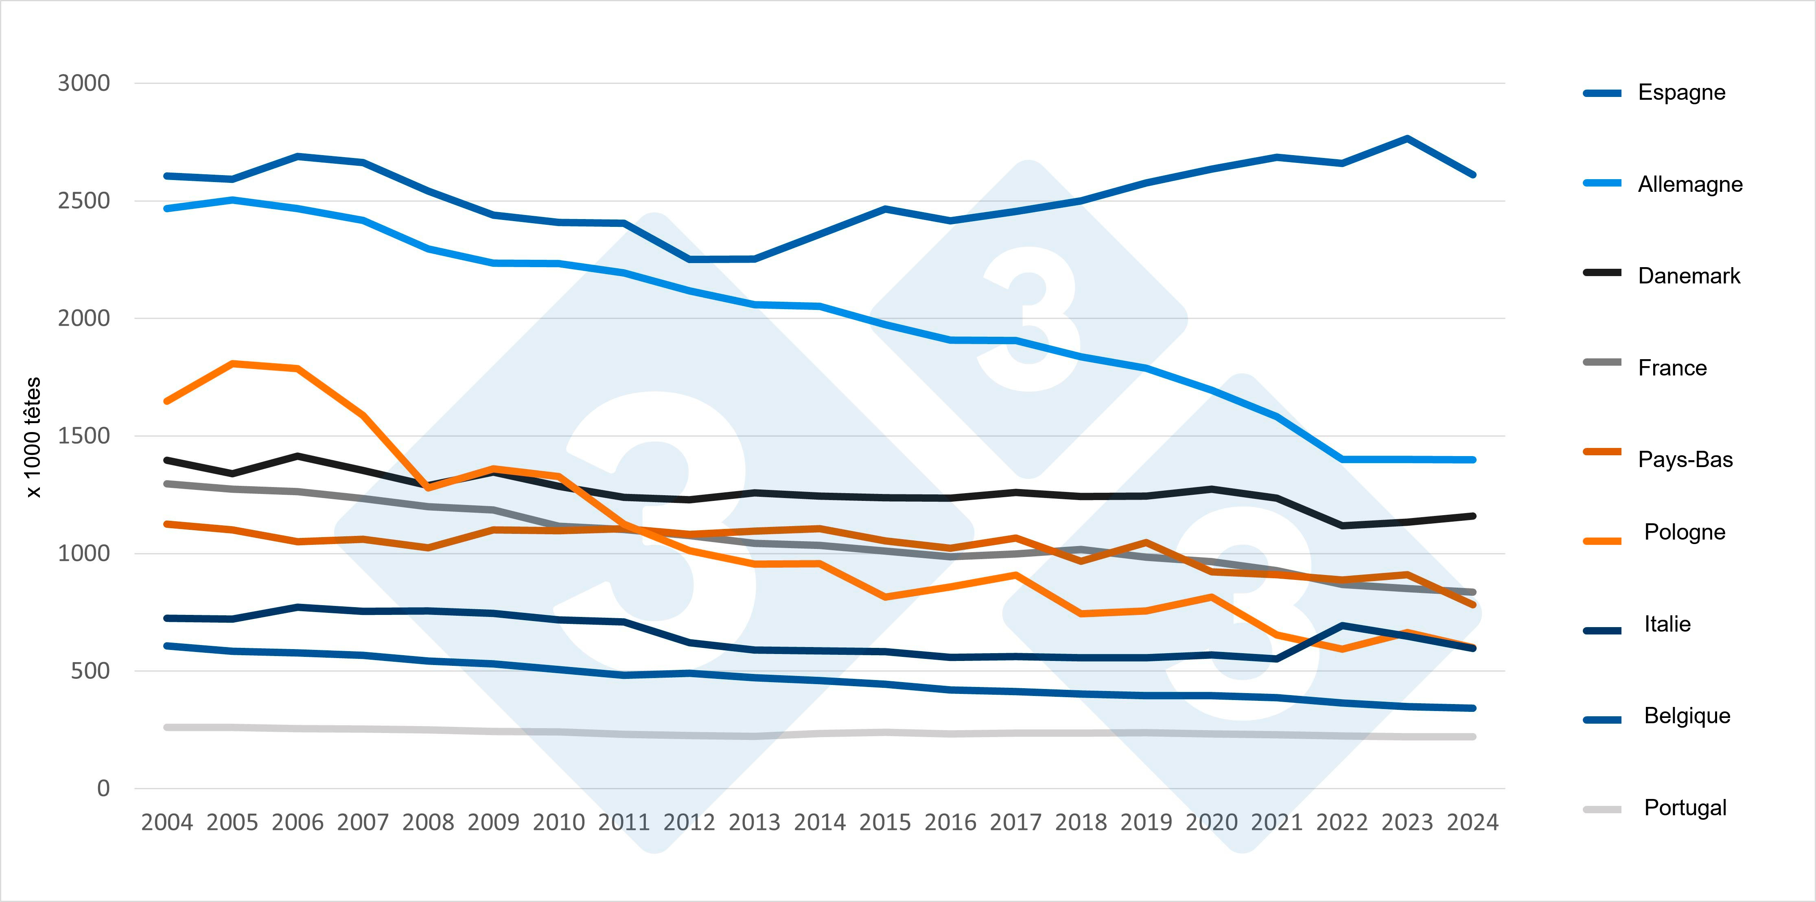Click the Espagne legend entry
tap(1681, 92)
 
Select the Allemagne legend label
tap(1690, 184)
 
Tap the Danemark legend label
tap(1688, 276)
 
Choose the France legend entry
tap(1672, 367)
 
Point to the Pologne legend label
tap(1684, 532)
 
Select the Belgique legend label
tap(1687, 716)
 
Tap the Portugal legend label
tap(1685, 808)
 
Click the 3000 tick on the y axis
tap(84, 83)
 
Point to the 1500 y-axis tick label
tap(84, 436)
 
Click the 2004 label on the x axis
tap(167, 822)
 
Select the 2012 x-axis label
tap(689, 822)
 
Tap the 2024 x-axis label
tap(1472, 822)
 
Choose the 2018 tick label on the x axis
tap(1081, 822)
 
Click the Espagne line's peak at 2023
tap(1407, 138)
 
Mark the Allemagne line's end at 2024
tap(1472, 460)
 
